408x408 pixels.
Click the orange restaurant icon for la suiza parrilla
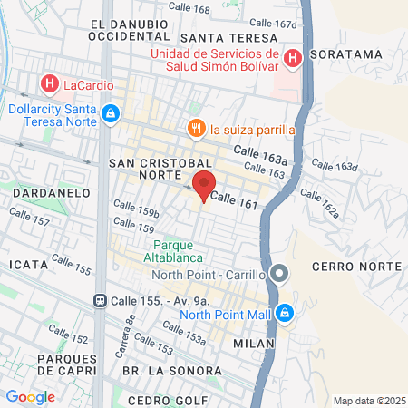point(193,129)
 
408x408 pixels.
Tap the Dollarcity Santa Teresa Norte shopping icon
point(110,114)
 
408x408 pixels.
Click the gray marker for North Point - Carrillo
point(280,273)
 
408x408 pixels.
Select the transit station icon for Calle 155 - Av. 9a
point(99,300)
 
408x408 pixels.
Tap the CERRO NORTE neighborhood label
point(355,266)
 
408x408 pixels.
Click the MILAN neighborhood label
point(253,344)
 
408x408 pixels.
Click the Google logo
point(30,396)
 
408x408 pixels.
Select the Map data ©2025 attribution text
point(367,401)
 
